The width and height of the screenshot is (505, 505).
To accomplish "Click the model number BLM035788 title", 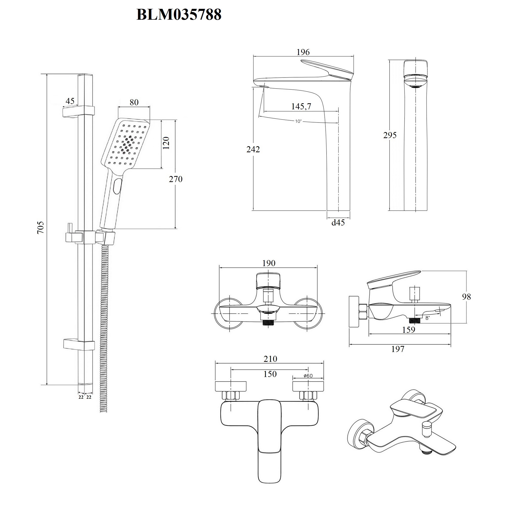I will point(179,15).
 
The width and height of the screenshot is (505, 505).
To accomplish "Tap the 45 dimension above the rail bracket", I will point(70,101).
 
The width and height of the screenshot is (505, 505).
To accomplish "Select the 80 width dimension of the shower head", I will point(134,102).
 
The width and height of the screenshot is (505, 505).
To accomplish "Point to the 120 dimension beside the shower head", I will point(166,143).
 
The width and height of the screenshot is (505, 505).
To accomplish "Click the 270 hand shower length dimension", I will point(175,179).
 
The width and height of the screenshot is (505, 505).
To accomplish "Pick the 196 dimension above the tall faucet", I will point(303,52).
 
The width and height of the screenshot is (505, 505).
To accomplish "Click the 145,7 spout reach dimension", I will point(301,106).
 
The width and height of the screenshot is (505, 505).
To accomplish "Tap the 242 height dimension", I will point(253,149).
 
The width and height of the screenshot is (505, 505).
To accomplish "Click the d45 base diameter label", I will point(338,223).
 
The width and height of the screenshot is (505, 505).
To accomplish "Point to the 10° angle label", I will point(298,121).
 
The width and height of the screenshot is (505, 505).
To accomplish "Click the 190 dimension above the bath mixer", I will point(269,263).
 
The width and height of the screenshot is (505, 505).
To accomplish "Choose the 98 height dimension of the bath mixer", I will point(466,297).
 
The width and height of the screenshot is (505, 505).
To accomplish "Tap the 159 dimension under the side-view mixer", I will point(409,330).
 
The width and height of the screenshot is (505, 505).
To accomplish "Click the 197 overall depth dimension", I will point(398,349).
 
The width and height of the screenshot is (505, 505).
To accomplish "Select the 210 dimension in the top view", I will point(270,359).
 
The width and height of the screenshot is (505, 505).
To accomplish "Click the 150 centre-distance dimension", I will point(270,374).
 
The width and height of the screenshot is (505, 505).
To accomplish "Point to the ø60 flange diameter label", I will point(308,376).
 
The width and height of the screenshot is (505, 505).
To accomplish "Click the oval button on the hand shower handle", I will point(117,186).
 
